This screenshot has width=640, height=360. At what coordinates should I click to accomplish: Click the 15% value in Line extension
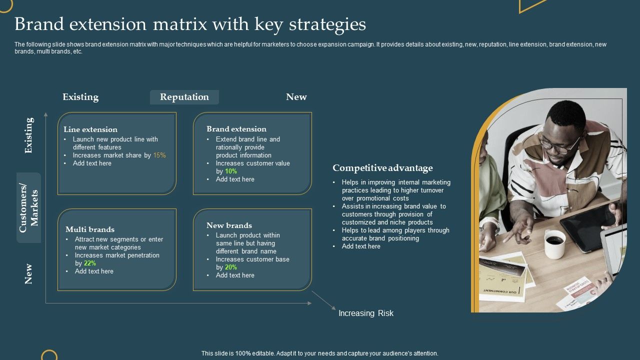(159, 155)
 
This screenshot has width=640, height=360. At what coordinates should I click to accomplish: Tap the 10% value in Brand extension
(230, 171)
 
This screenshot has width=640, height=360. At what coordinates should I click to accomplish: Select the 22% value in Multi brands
(90, 263)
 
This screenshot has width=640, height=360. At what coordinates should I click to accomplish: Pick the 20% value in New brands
(230, 267)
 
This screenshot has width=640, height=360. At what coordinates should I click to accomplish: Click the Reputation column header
(184, 97)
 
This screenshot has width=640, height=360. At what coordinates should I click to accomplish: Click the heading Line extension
(90, 129)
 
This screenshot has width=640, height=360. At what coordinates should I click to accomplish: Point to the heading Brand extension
(236, 129)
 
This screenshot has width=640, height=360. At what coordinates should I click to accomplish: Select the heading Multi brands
(90, 229)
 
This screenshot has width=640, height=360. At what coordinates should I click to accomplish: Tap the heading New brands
(229, 225)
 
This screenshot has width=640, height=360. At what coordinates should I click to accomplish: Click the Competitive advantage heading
(382, 168)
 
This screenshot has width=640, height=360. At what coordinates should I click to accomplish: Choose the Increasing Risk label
(366, 313)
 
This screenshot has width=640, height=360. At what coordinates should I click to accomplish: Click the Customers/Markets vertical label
(28, 208)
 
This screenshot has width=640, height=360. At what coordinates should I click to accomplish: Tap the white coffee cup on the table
(554, 244)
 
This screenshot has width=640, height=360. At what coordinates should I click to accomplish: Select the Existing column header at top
(80, 97)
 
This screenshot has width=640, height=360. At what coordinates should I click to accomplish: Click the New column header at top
(296, 97)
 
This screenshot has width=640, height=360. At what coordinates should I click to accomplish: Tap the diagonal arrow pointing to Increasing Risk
(324, 301)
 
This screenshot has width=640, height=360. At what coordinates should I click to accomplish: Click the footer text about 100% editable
(320, 353)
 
